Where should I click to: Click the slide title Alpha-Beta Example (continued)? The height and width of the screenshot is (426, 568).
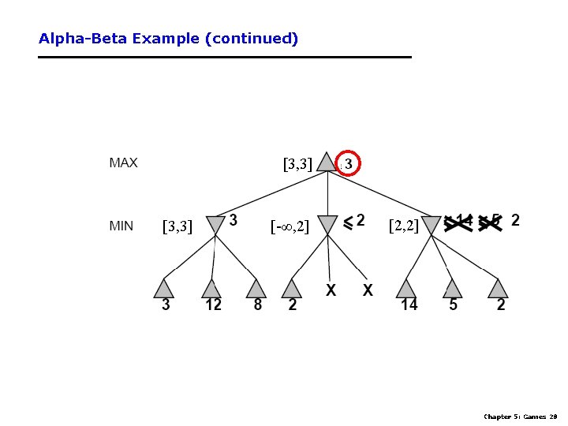click(x=168, y=38)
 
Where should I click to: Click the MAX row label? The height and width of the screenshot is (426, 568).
click(x=123, y=163)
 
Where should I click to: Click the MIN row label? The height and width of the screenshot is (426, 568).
click(x=121, y=226)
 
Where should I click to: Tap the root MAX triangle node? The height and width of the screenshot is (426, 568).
click(x=326, y=163)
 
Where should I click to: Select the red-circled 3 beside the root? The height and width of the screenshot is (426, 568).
click(x=349, y=163)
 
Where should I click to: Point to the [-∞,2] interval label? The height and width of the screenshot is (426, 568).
click(x=290, y=227)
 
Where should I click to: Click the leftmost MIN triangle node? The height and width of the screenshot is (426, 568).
click(x=214, y=225)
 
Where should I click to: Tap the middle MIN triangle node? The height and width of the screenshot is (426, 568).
click(x=327, y=225)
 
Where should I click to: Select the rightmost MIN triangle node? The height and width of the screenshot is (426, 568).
click(x=432, y=225)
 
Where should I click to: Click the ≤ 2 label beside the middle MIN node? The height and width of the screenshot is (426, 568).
click(x=353, y=221)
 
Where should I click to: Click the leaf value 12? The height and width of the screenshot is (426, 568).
click(x=213, y=305)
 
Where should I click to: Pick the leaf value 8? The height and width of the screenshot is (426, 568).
click(x=257, y=305)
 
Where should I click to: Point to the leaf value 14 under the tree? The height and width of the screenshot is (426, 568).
click(x=409, y=305)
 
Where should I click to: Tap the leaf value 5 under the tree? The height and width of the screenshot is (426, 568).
click(x=453, y=305)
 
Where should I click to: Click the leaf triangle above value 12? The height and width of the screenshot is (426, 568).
click(x=210, y=288)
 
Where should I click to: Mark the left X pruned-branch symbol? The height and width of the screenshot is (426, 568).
click(x=331, y=290)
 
